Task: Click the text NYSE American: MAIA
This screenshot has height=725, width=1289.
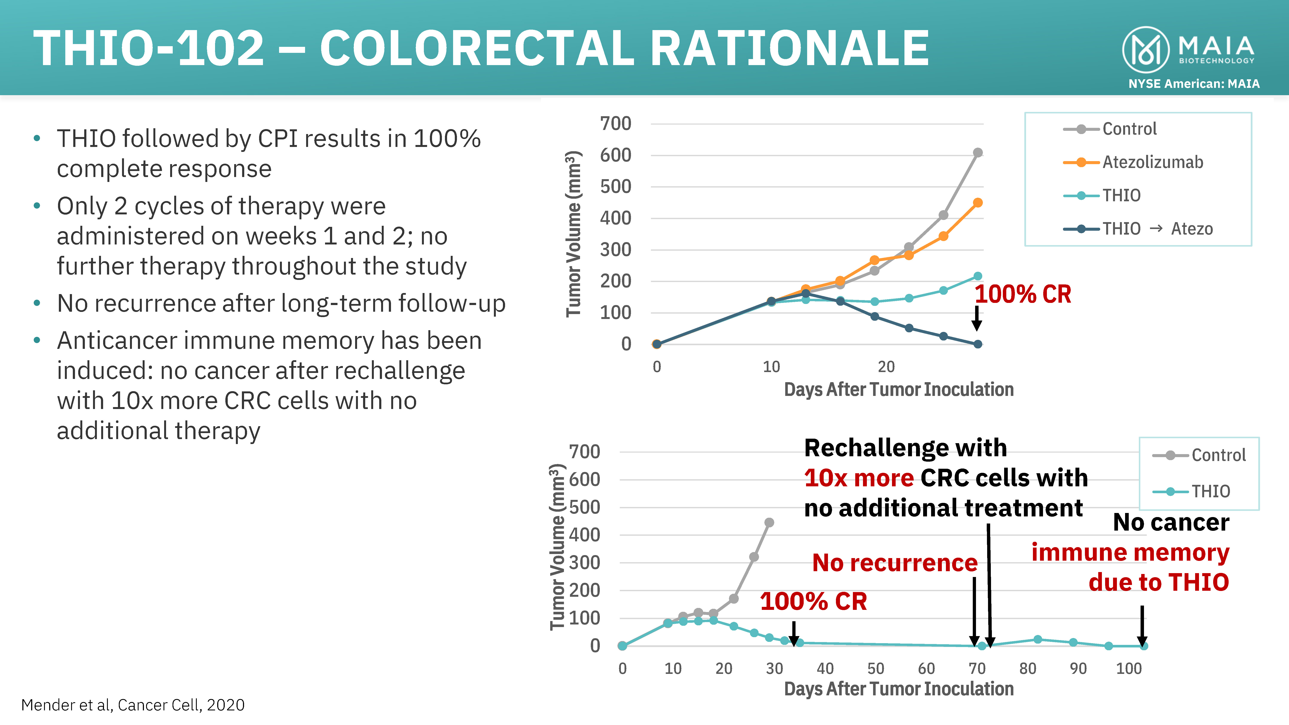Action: [x=1193, y=84]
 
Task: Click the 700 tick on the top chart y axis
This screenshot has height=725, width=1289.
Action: [x=615, y=124]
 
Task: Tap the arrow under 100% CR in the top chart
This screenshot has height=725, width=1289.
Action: [x=976, y=319]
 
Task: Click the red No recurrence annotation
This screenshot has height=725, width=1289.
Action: [x=894, y=563]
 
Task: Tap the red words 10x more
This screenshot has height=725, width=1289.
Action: [x=859, y=478]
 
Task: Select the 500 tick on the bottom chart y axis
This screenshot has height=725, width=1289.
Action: [x=584, y=507]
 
